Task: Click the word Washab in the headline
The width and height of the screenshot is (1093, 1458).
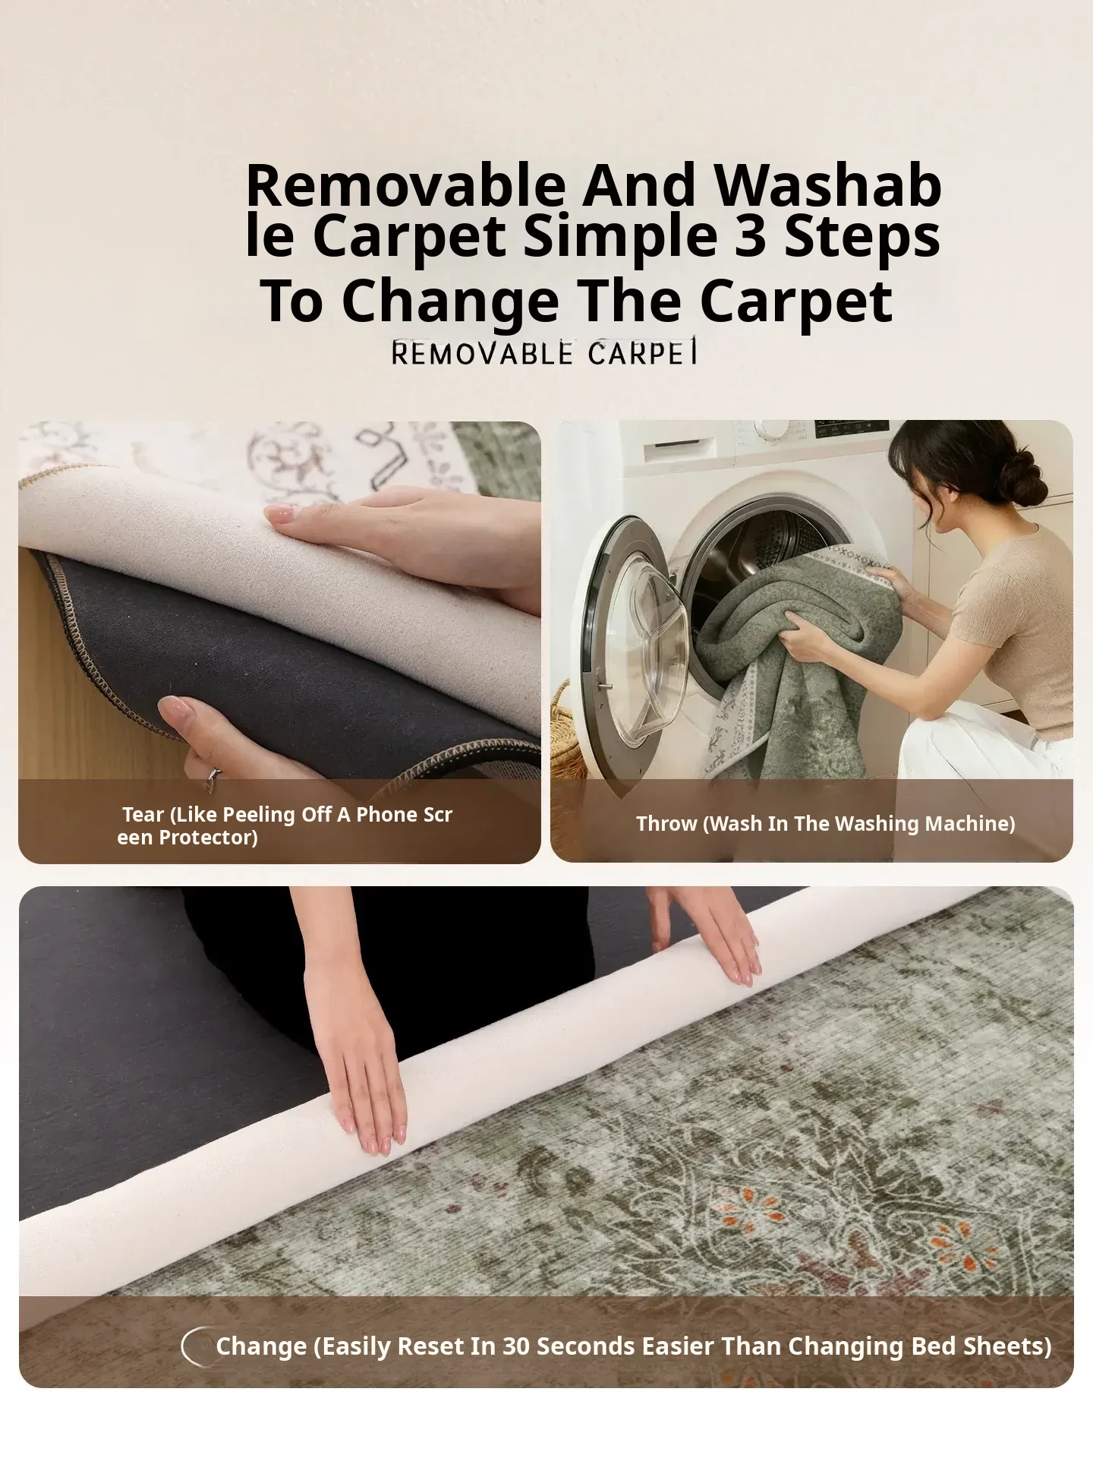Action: click(829, 186)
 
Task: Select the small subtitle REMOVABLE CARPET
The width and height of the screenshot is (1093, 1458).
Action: click(544, 353)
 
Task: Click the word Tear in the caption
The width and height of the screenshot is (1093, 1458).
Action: click(143, 815)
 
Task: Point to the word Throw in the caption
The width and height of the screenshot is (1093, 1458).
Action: click(667, 824)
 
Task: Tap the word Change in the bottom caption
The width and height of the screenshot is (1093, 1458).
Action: click(261, 1346)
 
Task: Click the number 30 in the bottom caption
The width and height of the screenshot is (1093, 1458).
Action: click(516, 1346)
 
